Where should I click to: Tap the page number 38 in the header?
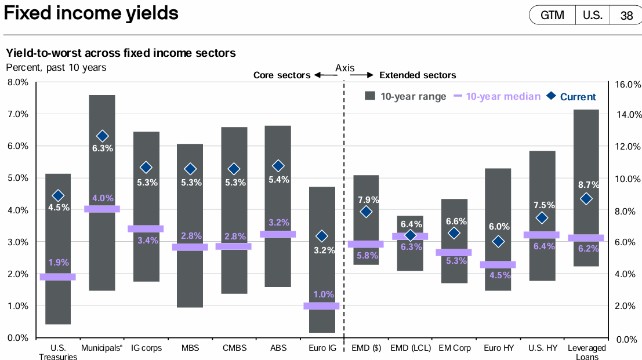click(x=626, y=16)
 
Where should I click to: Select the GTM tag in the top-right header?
click(x=552, y=16)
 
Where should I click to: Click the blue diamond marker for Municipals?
click(x=103, y=136)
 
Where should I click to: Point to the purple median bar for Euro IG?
click(x=321, y=306)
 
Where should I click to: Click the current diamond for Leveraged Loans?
click(x=586, y=199)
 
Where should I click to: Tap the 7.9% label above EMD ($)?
click(x=366, y=200)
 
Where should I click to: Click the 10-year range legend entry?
click(x=405, y=96)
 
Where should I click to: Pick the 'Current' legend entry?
click(x=571, y=97)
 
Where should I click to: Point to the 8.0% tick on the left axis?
click(x=17, y=82)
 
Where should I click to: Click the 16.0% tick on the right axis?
click(x=627, y=85)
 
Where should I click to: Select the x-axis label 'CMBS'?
click(x=234, y=348)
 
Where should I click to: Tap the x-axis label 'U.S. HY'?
click(x=542, y=348)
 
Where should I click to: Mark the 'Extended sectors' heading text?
click(x=418, y=75)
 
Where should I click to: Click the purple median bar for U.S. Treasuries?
click(x=57, y=277)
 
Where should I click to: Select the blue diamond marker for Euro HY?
click(x=498, y=241)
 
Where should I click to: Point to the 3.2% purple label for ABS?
click(x=278, y=223)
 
